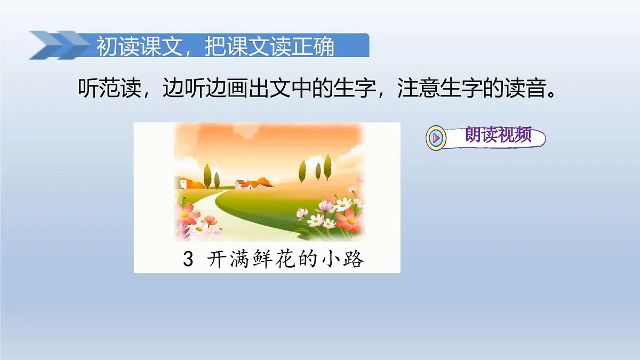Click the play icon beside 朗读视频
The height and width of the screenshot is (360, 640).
click(x=436, y=138)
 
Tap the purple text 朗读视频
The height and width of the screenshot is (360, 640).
click(x=498, y=135)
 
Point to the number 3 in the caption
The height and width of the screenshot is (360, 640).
click(x=187, y=260)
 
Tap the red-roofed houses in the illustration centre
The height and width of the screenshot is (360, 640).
click(x=251, y=184)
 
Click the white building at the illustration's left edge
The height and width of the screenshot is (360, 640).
click(x=182, y=182)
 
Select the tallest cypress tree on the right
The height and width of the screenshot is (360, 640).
click(x=327, y=167)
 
